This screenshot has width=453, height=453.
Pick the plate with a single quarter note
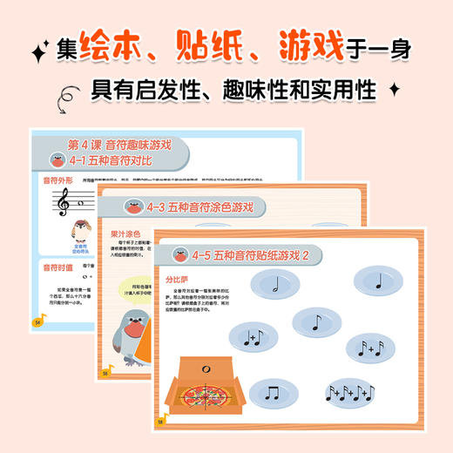click(x=378, y=281)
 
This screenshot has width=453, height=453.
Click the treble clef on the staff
click(x=62, y=204)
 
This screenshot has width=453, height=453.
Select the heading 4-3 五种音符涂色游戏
click(x=200, y=207)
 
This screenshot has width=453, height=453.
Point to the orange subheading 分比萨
click(x=176, y=280)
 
